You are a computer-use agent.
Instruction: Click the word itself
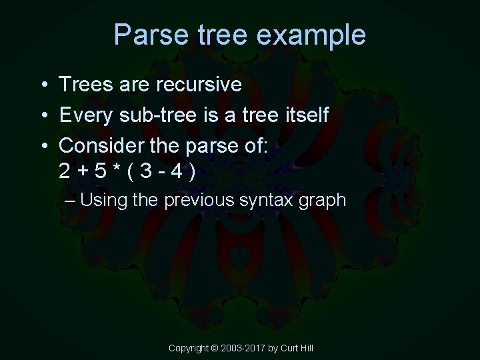(305, 115)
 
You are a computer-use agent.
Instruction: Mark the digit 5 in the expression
(101, 172)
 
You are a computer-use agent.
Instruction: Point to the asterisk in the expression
(117, 171)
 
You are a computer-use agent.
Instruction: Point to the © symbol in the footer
(215, 348)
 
